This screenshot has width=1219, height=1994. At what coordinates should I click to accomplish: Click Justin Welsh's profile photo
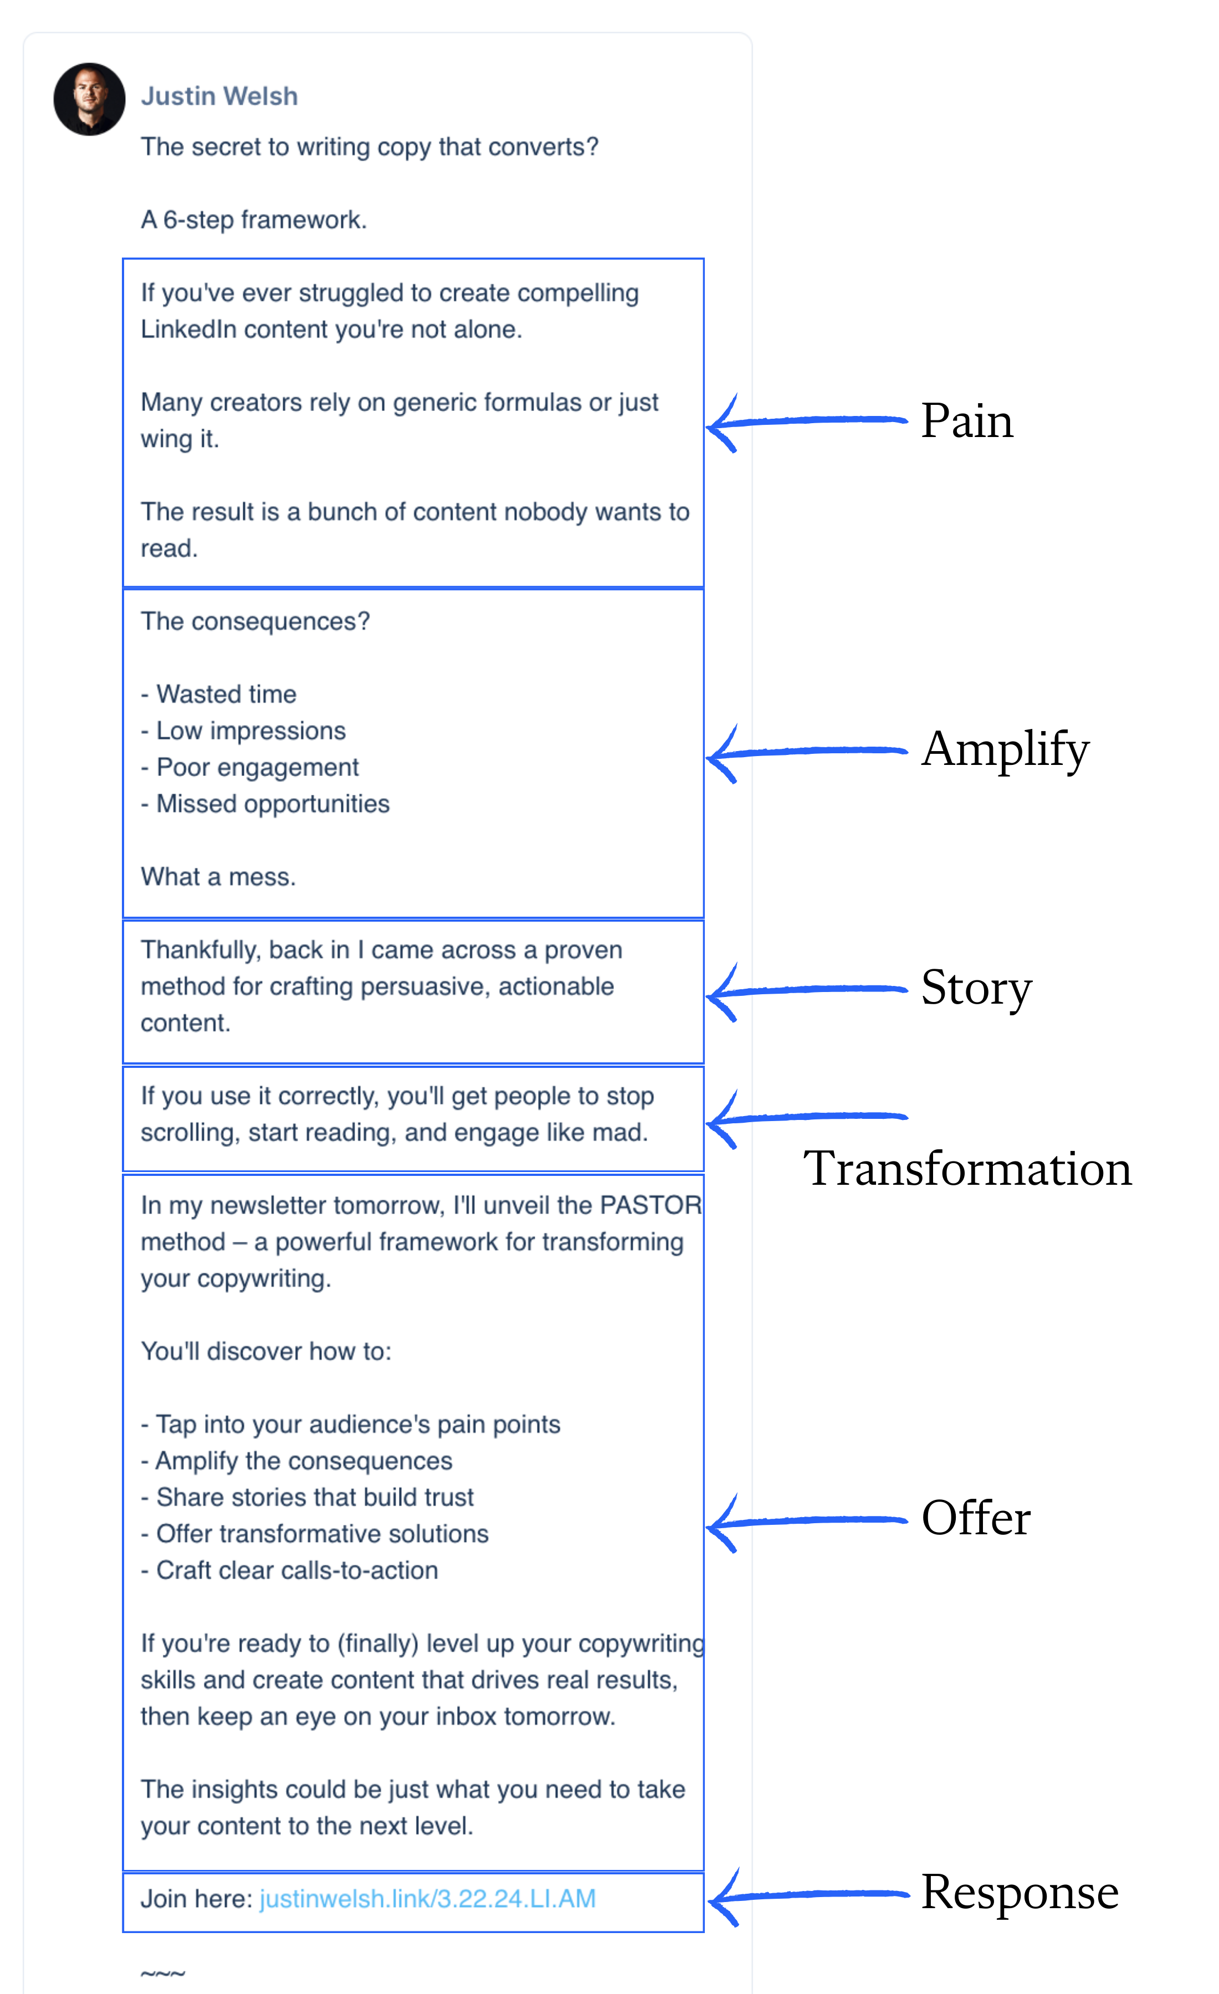[89, 99]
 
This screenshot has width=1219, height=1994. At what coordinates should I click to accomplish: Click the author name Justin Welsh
[219, 96]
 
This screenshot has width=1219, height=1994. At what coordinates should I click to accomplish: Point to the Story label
[976, 988]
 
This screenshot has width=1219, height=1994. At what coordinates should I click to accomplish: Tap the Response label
[1019, 1892]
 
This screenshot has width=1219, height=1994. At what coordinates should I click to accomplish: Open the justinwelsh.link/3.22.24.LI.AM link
[427, 1899]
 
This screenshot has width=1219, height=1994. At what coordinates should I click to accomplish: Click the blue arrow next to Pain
[806, 421]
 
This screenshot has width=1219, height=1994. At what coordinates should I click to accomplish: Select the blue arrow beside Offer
[806, 1522]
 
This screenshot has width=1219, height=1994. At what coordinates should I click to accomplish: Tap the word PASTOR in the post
[650, 1205]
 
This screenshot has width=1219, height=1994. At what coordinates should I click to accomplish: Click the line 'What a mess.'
[218, 876]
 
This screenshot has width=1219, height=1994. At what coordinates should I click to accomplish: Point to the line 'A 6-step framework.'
[253, 220]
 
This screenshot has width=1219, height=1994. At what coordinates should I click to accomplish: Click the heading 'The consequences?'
[255, 621]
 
